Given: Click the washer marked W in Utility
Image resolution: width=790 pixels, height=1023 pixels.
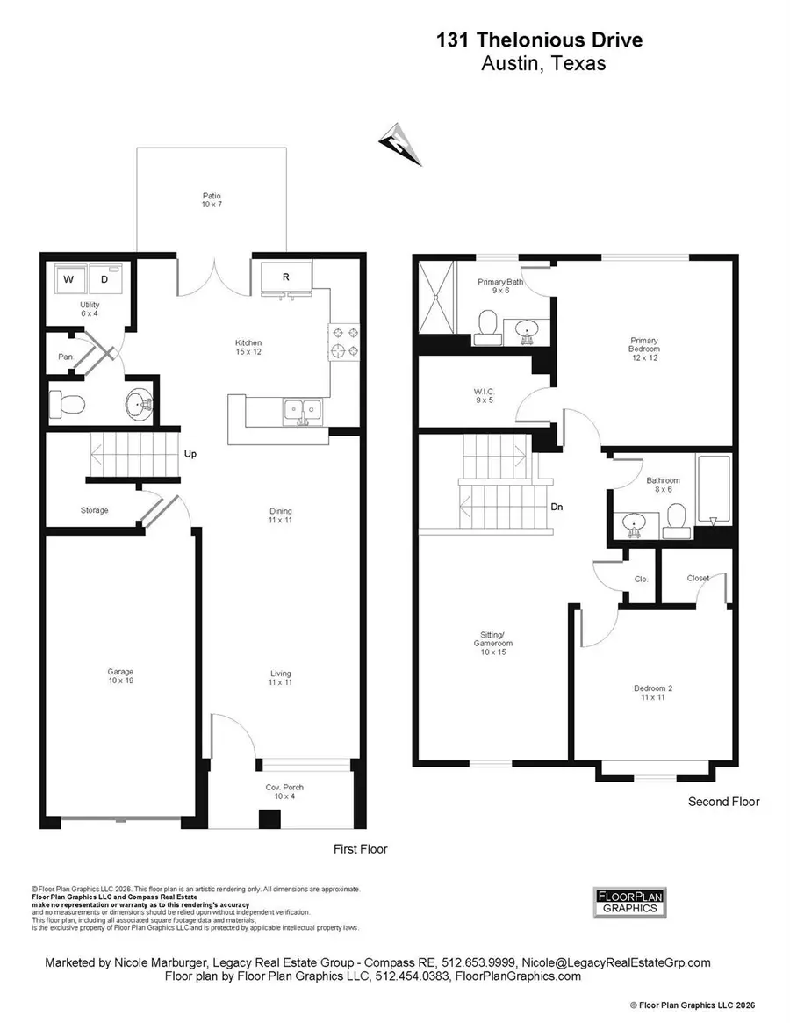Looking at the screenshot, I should (68, 280).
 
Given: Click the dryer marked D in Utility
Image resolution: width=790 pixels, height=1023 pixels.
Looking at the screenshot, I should (104, 280).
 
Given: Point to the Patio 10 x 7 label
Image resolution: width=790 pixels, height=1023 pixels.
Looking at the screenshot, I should (211, 200).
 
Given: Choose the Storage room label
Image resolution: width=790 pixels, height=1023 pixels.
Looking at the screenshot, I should (95, 510).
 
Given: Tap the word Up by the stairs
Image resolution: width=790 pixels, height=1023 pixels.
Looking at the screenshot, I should (190, 455).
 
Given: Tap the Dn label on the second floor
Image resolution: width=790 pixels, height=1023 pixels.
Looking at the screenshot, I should (557, 506).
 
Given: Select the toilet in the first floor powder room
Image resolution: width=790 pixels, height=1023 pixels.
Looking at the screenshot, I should (68, 404).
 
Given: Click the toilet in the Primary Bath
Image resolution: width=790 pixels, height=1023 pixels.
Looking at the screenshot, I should (485, 328).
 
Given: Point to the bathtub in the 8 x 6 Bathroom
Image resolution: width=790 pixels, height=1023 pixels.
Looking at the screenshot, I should (712, 489).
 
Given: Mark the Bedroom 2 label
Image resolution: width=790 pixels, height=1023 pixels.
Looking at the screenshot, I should (653, 693).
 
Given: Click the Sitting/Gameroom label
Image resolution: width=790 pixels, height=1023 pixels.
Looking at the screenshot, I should (494, 638).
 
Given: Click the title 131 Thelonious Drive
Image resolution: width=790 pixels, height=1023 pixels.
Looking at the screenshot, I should (539, 40).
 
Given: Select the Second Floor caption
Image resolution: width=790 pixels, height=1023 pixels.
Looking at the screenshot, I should (723, 802).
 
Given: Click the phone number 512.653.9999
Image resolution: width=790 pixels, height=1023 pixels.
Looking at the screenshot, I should (486, 963).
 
